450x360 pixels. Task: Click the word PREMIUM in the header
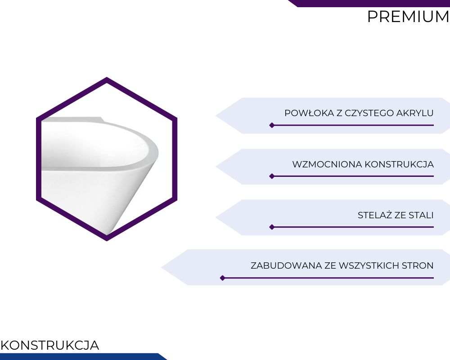coord(408,17)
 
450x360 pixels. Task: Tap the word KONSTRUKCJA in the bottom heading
coord(49,345)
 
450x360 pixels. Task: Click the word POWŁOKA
coord(310,113)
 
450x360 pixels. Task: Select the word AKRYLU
coord(414,113)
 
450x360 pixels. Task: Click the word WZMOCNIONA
coord(327,164)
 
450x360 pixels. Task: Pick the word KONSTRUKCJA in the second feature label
coord(399,164)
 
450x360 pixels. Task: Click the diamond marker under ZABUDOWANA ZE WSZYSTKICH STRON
coord(222,278)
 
